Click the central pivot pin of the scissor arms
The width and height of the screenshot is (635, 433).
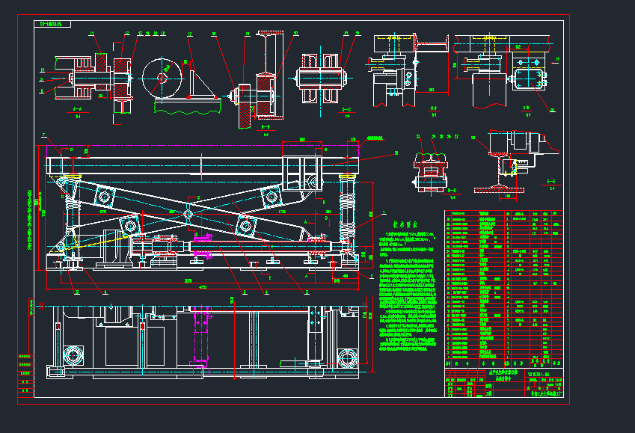[x=188, y=215]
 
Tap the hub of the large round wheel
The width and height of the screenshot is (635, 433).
[x=163, y=76]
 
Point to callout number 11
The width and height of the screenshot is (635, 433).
[x=92, y=34]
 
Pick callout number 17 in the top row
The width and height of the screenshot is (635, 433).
[x=190, y=34]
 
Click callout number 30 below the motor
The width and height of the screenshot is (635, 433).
[x=553, y=110]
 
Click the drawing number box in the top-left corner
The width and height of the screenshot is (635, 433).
[x=53, y=24]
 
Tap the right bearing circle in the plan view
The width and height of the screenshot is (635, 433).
[x=347, y=357]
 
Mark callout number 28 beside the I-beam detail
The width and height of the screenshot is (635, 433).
[x=473, y=138]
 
